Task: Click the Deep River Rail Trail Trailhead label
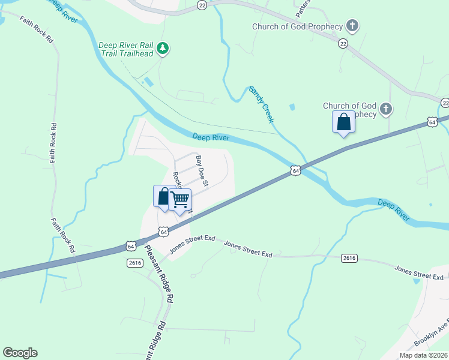pos(125,49)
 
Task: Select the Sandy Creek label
pos(262,104)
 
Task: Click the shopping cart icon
pos(180,200)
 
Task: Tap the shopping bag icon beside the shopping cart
pos(164,197)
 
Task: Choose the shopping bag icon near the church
pos(344,122)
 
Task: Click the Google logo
pos(20,353)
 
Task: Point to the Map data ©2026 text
pos(423,355)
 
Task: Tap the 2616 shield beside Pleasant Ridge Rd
pos(134,263)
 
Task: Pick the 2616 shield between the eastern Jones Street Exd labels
pos(349,258)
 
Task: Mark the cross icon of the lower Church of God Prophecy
pos(386,109)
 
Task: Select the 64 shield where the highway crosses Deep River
pos(295,171)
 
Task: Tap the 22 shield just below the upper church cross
pos(343,43)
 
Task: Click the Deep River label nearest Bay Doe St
pos(212,138)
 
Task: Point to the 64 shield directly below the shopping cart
pos(163,230)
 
